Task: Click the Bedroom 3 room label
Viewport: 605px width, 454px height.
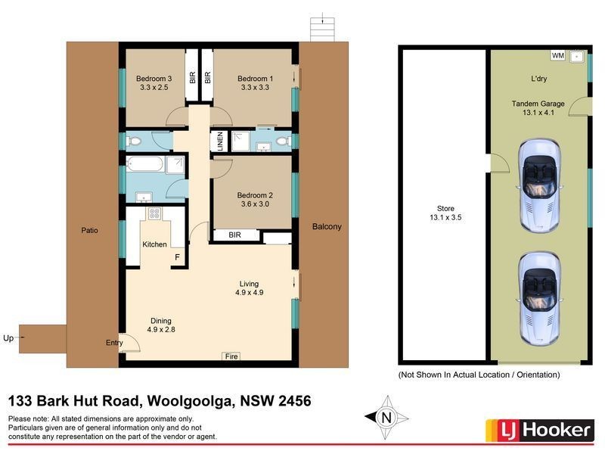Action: pyautogui.click(x=154, y=78)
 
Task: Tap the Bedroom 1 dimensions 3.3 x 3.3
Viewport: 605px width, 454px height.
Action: pyautogui.click(x=255, y=88)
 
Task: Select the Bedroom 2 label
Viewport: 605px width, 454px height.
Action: pyautogui.click(x=255, y=194)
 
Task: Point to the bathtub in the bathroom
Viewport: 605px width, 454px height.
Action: pyautogui.click(x=148, y=165)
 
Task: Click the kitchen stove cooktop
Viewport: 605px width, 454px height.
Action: pyautogui.click(x=154, y=213)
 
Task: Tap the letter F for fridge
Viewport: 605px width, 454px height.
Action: pyautogui.click(x=177, y=258)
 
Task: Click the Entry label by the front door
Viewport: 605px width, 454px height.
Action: pyautogui.click(x=114, y=343)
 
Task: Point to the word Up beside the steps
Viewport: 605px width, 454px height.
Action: pyautogui.click(x=8, y=338)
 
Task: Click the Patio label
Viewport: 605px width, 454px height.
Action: pyautogui.click(x=92, y=230)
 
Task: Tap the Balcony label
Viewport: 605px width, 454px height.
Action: pyautogui.click(x=327, y=226)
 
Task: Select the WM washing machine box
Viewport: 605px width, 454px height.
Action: pyautogui.click(x=558, y=55)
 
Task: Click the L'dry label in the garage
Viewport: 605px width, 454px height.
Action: pyautogui.click(x=539, y=79)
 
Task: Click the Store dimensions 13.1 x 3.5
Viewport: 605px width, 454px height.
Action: pyautogui.click(x=444, y=219)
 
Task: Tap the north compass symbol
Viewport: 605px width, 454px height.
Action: pyautogui.click(x=386, y=416)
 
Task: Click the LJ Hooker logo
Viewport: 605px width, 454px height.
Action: pyautogui.click(x=538, y=431)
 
